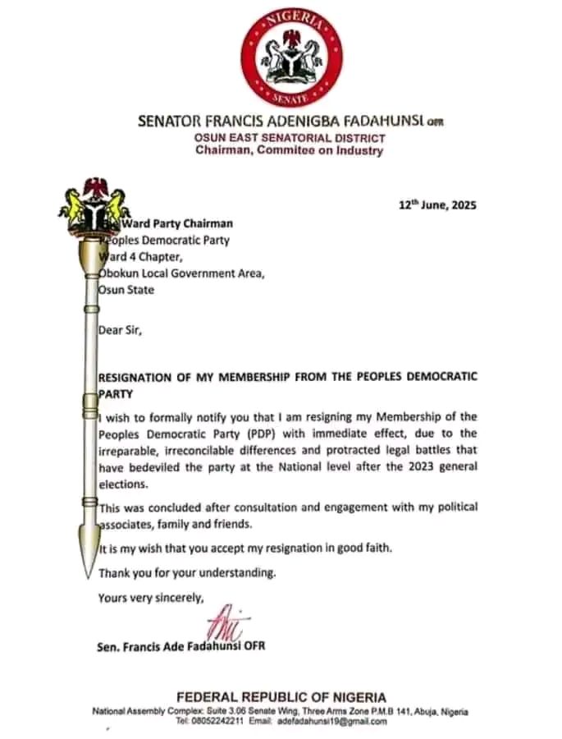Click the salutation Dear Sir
(120, 331)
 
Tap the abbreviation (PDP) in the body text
(250, 434)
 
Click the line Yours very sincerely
(150, 597)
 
